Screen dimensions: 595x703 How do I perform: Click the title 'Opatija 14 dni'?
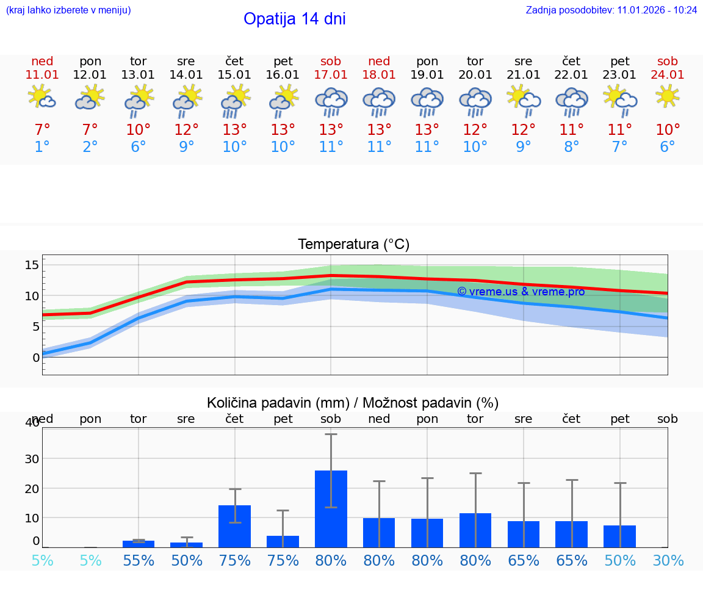pos(295,19)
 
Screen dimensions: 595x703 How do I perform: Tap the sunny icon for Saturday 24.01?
pos(668,96)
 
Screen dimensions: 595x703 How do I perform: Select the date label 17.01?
pos(331,75)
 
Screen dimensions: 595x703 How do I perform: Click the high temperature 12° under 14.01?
pos(187,130)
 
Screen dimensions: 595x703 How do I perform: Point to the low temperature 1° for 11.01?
pos(42,147)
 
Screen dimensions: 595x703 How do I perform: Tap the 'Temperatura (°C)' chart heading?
pos(353,245)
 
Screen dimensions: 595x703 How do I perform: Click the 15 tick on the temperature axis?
pos(32,265)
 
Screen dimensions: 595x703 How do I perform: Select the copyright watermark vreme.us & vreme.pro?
pos(521,292)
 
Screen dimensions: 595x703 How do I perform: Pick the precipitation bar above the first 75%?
pos(235,526)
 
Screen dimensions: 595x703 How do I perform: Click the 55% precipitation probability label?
pos(139,560)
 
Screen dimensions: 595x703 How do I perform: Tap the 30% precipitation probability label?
pos(668,560)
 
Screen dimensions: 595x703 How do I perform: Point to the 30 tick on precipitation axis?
pos(32,458)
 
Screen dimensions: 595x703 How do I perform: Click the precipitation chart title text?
pos(353,403)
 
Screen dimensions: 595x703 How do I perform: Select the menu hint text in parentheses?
pos(68,10)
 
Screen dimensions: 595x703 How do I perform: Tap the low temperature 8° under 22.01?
pos(572,147)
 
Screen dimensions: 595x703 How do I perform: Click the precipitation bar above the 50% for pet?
pos(620,536)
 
